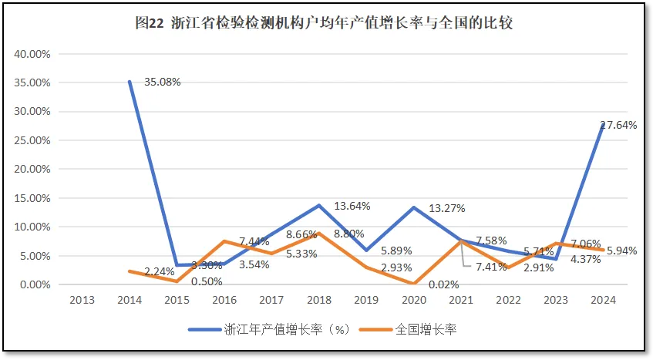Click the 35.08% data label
160,82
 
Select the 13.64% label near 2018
352,206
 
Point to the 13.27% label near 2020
446,208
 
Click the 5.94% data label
622,251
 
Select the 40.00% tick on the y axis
32,54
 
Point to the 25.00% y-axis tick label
32,140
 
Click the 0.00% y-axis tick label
34,284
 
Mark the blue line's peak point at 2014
129,82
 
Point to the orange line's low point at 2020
413,284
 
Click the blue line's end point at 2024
602,125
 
